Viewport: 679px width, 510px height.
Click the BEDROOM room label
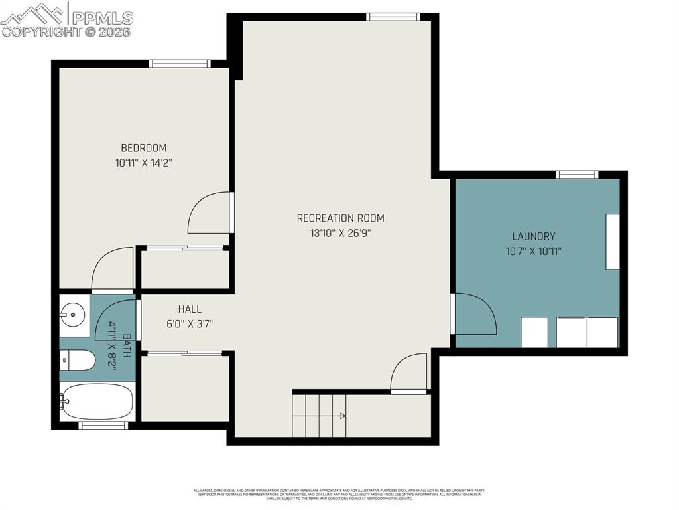point(143,148)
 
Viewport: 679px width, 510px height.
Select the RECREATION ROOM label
point(340,218)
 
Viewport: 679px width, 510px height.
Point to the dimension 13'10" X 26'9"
point(340,233)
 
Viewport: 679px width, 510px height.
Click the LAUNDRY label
point(533,236)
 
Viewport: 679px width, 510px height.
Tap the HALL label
point(189,309)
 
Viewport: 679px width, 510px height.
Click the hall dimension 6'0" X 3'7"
point(189,324)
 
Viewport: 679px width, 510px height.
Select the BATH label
point(126,346)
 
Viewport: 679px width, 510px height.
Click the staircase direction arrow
point(341,416)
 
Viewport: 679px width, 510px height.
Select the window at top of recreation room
point(393,17)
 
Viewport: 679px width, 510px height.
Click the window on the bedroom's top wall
point(180,64)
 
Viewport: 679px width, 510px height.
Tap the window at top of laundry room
point(577,175)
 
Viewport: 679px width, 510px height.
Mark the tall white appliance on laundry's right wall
point(612,241)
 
